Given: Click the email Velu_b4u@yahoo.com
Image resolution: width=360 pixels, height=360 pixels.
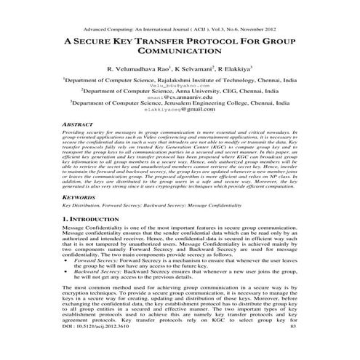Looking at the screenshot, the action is tap(179, 86).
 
